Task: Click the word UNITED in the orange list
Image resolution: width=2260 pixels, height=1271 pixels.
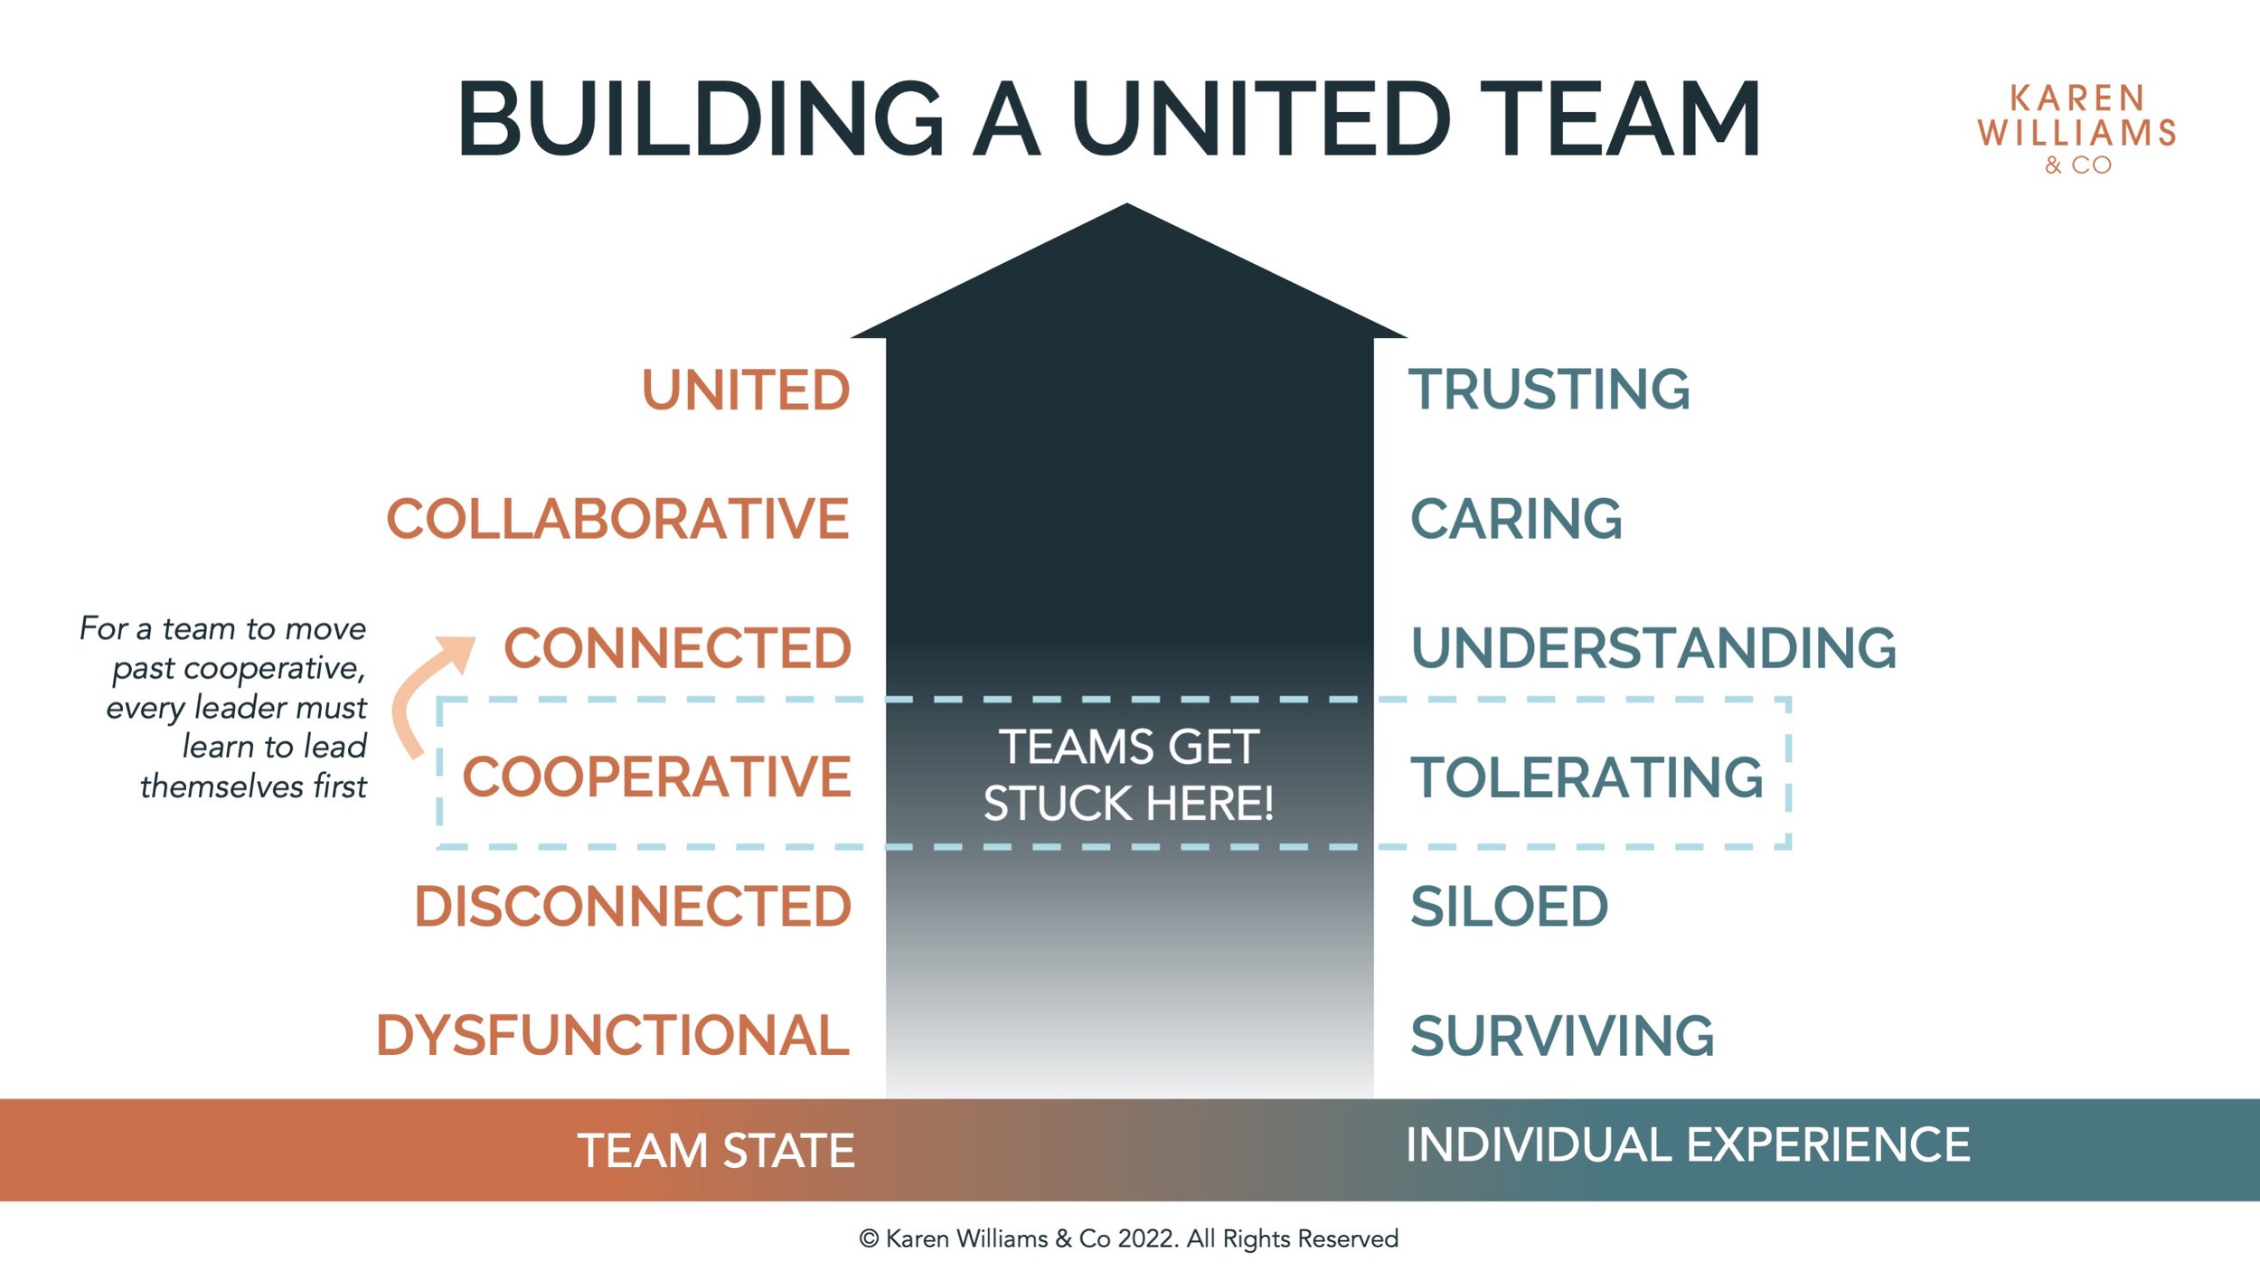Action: [x=746, y=391]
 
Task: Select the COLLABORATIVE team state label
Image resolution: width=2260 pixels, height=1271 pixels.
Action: [x=617, y=520]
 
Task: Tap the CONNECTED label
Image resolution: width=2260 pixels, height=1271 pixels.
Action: [x=677, y=649]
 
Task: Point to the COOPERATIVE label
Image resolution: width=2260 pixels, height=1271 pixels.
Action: [x=656, y=777]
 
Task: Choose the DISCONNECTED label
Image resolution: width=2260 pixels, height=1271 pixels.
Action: [x=633, y=907]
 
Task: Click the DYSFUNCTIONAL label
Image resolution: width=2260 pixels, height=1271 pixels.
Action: [x=613, y=1036]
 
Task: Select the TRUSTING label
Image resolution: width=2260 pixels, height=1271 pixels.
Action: [x=1549, y=390]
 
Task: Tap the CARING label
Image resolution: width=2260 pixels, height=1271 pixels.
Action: [x=1516, y=520]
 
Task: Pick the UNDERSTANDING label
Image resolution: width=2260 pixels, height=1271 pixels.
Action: [x=1653, y=649]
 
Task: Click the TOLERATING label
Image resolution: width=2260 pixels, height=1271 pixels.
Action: [x=1587, y=777]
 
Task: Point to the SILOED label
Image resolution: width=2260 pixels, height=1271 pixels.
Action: [x=1509, y=907]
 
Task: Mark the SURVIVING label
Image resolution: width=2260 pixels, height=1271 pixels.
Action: [x=1562, y=1036]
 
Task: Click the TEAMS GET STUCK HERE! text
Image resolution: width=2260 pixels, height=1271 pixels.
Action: [x=1128, y=775]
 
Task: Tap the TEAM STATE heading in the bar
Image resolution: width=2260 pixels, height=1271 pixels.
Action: [x=716, y=1151]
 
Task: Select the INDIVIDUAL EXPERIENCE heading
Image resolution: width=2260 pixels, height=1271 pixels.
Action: [x=1688, y=1145]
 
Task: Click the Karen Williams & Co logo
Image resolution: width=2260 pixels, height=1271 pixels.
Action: [x=2076, y=128]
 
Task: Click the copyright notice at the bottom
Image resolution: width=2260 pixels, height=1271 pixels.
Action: [x=1128, y=1238]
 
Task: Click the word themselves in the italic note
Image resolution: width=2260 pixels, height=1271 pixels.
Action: [x=222, y=786]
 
